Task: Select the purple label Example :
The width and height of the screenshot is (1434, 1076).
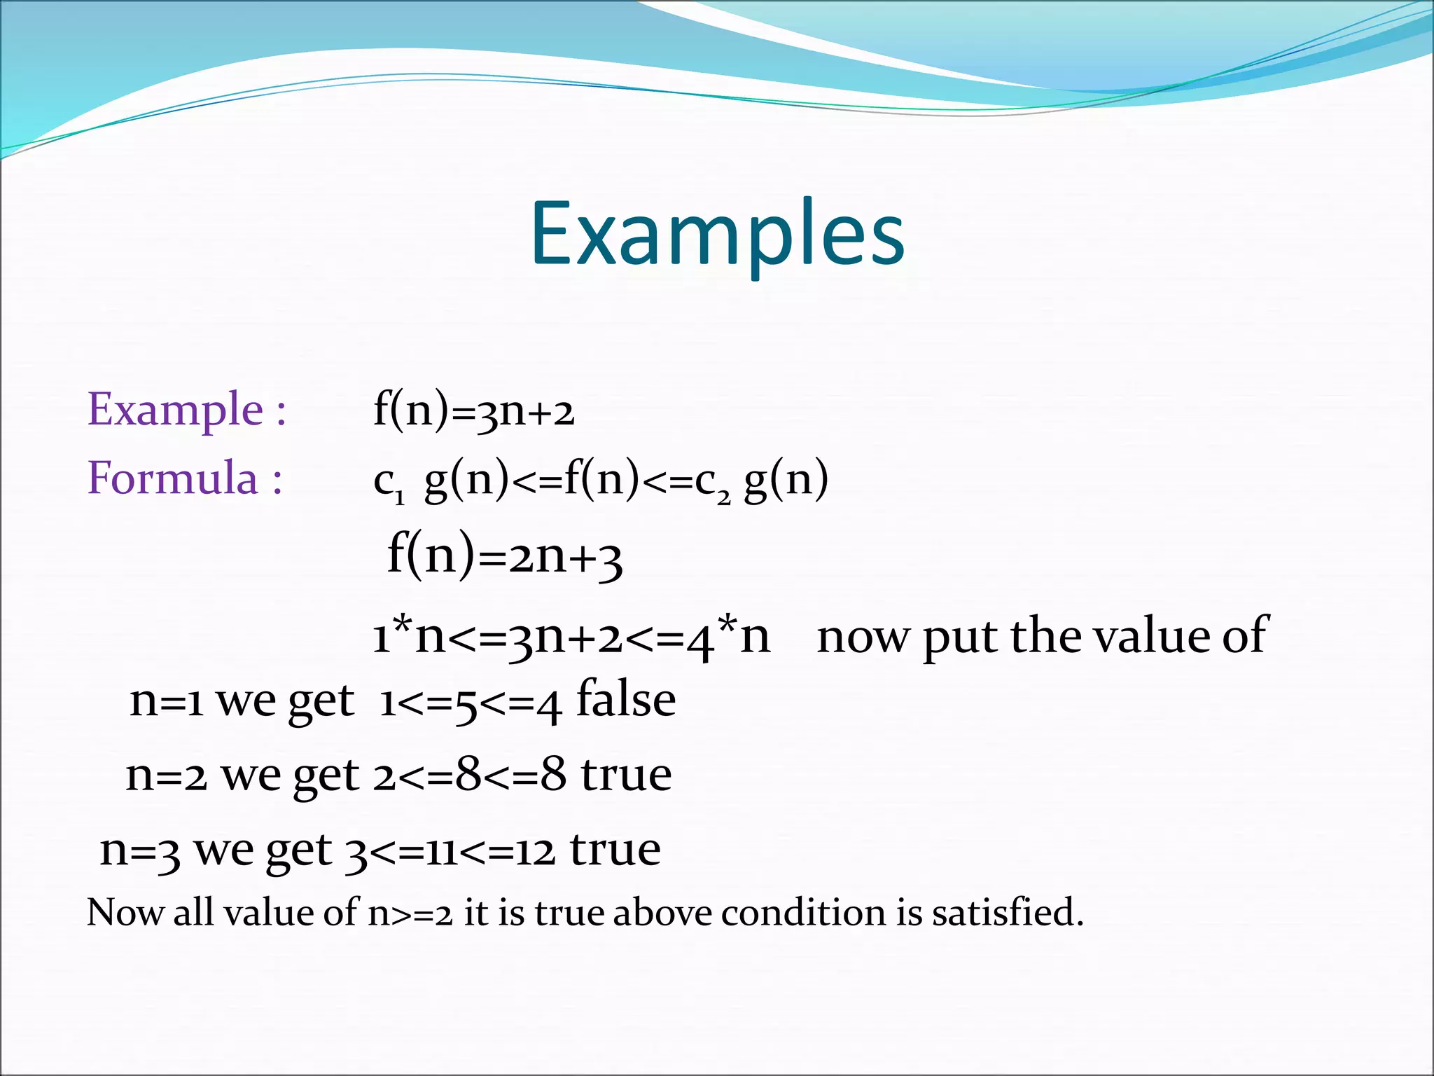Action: [x=186, y=409]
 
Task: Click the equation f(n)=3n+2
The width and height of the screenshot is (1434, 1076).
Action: [x=473, y=410]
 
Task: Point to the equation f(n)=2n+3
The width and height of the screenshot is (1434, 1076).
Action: [x=504, y=557]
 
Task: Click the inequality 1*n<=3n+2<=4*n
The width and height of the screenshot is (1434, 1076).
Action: [x=571, y=636]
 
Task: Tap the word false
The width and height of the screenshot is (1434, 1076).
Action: [x=625, y=700]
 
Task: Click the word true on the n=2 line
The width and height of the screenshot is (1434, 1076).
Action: [x=626, y=775]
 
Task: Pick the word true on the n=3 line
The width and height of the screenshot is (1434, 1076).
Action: [x=615, y=849]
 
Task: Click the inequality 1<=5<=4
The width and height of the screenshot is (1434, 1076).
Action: [x=470, y=703]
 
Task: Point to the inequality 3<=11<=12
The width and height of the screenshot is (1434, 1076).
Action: [x=450, y=851]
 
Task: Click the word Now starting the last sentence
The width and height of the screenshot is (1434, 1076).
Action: [x=125, y=913]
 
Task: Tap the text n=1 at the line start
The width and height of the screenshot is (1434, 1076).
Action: [x=167, y=701]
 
